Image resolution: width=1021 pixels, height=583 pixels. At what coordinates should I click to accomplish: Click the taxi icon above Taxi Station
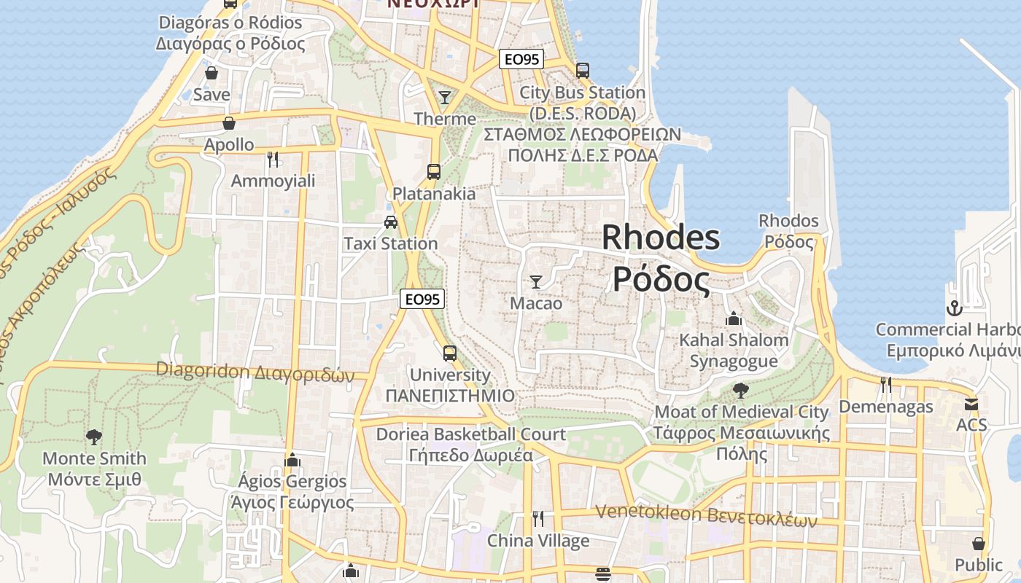point(391,222)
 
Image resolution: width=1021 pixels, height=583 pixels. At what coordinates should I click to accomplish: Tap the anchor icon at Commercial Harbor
point(954,308)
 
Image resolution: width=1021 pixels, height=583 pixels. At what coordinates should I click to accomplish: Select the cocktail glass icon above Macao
point(536,281)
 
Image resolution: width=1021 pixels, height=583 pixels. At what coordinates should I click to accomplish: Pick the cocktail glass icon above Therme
point(444,97)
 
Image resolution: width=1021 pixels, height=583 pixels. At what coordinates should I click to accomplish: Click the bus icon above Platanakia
point(434,172)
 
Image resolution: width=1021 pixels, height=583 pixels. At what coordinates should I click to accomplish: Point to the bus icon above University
point(450,353)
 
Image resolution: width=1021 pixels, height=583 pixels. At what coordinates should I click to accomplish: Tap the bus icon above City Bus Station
point(582,71)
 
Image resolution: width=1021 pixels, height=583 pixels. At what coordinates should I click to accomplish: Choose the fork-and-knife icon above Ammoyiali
point(273,159)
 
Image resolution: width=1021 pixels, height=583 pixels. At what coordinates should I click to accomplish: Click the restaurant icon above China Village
point(538,519)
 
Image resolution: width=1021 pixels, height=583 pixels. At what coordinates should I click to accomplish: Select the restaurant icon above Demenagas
point(886,384)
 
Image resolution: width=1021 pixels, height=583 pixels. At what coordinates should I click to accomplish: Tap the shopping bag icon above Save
point(211,73)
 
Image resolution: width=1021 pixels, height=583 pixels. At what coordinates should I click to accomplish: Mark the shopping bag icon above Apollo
point(229,123)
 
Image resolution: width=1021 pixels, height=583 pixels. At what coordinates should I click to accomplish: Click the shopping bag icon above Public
point(979,544)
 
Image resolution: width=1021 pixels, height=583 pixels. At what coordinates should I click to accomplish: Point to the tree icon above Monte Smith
point(93,437)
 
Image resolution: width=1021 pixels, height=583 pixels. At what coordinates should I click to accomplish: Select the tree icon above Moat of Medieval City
point(741,390)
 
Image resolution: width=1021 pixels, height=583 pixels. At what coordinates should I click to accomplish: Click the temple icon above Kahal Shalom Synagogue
point(734,318)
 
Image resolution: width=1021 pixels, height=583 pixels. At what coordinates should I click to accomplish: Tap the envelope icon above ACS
point(971,404)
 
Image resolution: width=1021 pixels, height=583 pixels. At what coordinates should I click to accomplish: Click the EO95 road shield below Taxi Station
point(422,299)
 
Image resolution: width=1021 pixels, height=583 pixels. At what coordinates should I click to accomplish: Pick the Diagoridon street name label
point(255,372)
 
